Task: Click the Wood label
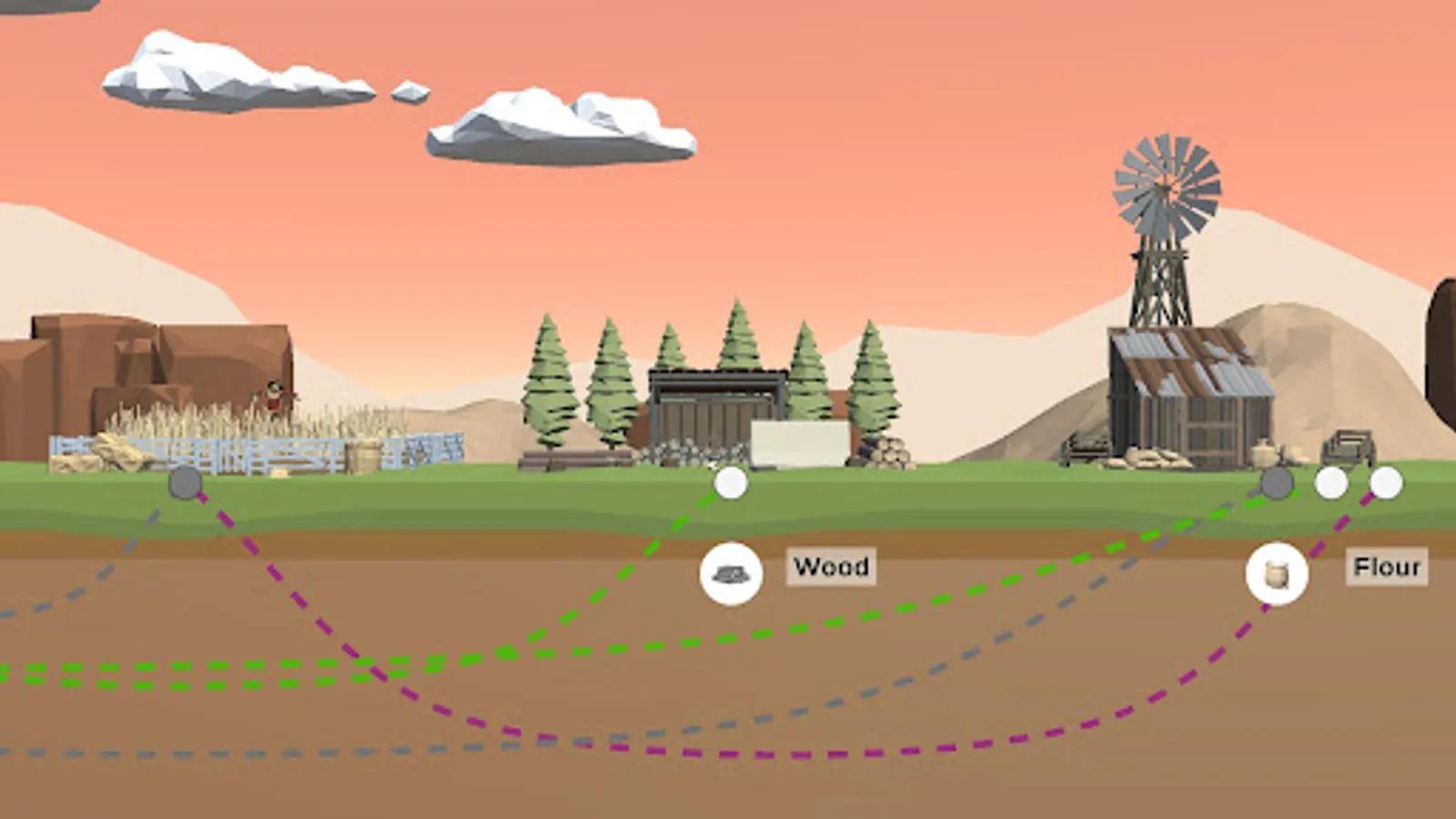click(x=830, y=566)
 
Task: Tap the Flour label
click(x=1386, y=567)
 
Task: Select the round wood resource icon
click(x=731, y=573)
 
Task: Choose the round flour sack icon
click(x=1277, y=573)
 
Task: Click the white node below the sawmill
click(x=731, y=483)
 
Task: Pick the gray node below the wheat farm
click(x=186, y=483)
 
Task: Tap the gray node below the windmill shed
click(x=1277, y=483)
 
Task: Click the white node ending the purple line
click(x=1386, y=483)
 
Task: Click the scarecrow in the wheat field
click(x=274, y=397)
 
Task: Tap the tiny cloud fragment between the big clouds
click(x=410, y=92)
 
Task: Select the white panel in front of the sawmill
click(x=799, y=443)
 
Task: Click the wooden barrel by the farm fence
click(x=364, y=456)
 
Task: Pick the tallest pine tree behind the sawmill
click(x=738, y=337)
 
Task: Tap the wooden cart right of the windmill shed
click(x=1347, y=448)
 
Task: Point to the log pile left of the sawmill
click(x=573, y=460)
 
